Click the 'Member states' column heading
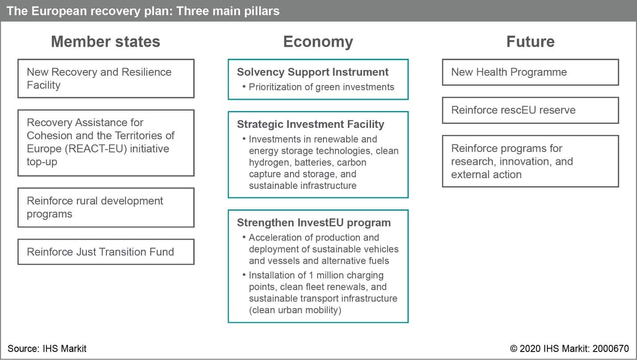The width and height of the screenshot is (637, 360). click(106, 41)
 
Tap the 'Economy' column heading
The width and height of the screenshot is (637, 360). click(318, 42)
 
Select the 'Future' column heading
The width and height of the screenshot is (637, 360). click(531, 41)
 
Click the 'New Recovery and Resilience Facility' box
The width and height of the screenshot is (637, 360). click(106, 78)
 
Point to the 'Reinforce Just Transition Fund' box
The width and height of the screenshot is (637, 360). click(106, 252)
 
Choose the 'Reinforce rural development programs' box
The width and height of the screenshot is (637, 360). click(106, 208)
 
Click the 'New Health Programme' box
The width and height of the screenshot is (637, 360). click(531, 72)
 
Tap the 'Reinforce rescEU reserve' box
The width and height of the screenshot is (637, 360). click(531, 110)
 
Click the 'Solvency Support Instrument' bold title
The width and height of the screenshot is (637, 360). click(313, 72)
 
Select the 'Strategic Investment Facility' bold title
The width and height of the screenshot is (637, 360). click(310, 124)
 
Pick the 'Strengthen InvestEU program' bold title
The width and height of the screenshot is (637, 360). click(314, 223)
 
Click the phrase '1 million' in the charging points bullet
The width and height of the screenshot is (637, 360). click(325, 275)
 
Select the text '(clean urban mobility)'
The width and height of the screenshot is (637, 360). click(295, 310)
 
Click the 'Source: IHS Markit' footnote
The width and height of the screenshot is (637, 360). click(47, 348)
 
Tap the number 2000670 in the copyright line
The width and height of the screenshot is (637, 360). click(611, 348)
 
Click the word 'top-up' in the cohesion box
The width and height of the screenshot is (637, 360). click(42, 162)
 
